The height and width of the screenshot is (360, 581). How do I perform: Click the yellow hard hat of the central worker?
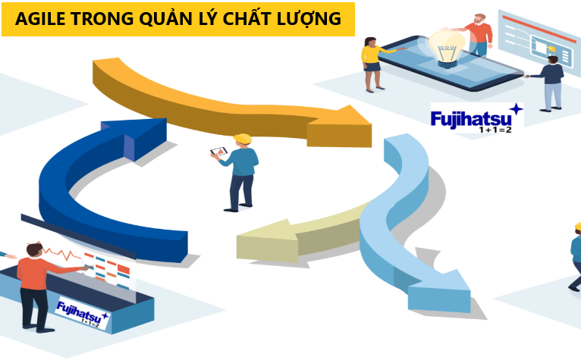(242, 139)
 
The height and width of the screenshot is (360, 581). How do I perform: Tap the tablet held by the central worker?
(218, 152)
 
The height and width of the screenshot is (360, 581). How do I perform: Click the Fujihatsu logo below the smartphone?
(476, 120)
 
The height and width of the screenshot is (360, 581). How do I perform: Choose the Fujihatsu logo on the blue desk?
(82, 312)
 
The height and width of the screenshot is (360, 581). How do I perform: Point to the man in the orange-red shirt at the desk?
(33, 280)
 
